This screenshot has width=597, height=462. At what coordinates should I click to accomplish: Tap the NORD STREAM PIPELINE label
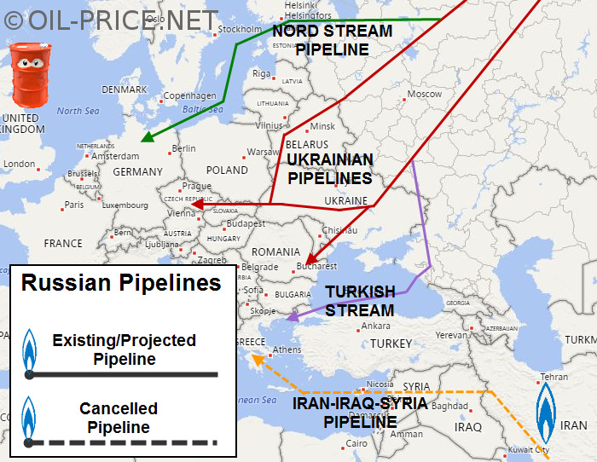(333, 40)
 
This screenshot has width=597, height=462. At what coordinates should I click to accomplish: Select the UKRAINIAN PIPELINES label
(330, 169)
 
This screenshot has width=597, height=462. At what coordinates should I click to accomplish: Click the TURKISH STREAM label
(360, 301)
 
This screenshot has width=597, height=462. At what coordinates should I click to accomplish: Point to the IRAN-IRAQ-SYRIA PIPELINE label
(360, 412)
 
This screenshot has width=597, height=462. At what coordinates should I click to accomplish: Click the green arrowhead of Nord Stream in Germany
(145, 138)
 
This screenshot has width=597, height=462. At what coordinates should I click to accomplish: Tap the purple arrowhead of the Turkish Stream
(291, 317)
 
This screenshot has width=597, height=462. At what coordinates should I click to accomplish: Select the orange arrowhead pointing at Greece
(254, 362)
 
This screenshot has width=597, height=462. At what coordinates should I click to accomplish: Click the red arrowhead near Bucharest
(309, 261)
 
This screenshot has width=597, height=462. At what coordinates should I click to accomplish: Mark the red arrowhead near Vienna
(195, 205)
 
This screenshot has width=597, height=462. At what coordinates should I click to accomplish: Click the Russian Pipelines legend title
(121, 283)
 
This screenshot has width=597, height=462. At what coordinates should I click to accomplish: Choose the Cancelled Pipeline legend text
(119, 418)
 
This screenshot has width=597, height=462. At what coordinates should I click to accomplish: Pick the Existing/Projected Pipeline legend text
(124, 349)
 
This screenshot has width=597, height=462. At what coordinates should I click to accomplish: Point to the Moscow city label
(424, 94)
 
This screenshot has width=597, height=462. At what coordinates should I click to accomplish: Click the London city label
(20, 164)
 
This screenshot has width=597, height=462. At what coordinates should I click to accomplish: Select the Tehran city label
(554, 377)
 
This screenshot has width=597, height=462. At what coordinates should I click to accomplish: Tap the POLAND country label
(227, 170)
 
